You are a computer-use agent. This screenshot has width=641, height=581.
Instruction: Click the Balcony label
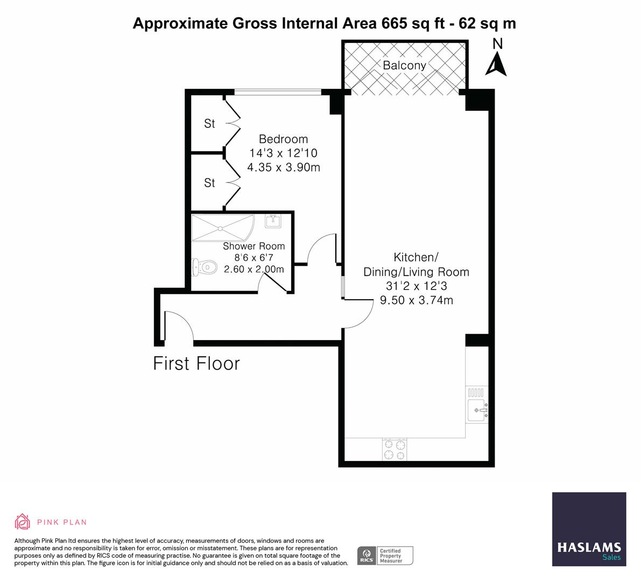click(x=404, y=66)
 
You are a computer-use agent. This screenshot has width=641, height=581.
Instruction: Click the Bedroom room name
click(x=283, y=139)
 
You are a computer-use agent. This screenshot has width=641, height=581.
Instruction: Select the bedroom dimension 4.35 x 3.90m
click(x=283, y=167)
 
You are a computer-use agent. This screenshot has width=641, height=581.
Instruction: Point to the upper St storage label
click(x=209, y=124)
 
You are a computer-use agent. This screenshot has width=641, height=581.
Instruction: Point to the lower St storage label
click(x=209, y=183)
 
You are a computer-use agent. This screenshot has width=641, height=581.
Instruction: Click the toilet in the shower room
click(x=204, y=266)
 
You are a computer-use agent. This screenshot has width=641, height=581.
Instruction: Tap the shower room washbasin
click(x=273, y=221)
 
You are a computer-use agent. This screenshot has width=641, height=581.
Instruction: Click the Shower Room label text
click(x=254, y=246)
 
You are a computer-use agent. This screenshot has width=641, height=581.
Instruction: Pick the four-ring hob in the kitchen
click(x=395, y=450)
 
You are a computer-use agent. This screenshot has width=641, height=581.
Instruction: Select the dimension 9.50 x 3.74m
click(x=416, y=300)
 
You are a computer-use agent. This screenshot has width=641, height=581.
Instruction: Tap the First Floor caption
click(x=196, y=364)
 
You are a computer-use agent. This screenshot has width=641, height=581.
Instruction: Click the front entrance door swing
click(x=178, y=325)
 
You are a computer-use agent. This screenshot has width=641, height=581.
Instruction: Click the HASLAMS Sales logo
click(x=589, y=529)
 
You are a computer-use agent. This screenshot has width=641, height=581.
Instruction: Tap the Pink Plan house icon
click(x=23, y=521)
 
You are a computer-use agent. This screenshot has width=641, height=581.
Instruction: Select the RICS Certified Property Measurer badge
click(x=385, y=555)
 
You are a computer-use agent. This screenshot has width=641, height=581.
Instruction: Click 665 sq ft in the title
click(x=414, y=24)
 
